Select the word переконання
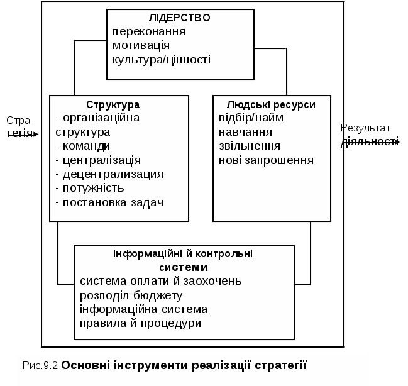pos(149,31)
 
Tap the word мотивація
pos(141,45)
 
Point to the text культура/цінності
pos(161,60)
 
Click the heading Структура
pos(113,104)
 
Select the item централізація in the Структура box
pos(98,160)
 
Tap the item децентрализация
pos(109,174)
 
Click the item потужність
pos(90,188)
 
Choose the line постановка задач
pos(109,202)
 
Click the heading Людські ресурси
pos(272,104)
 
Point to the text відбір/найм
pos(251,118)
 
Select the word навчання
pos(245,132)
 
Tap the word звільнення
pos(250,146)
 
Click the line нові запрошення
pos(266,160)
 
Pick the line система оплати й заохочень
pos(161,281)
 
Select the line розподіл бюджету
pos(131,295)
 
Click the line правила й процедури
pos(141,323)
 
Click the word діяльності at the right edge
pos(370,142)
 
